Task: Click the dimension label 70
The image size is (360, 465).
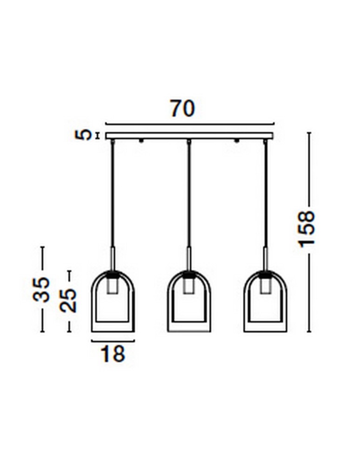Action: pyautogui.click(x=183, y=108)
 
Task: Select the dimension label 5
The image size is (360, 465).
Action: pyautogui.click(x=83, y=135)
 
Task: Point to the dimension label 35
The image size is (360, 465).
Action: pyautogui.click(x=41, y=289)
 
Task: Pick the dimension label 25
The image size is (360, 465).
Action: pyautogui.click(x=68, y=300)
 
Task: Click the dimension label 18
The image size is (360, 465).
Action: pyautogui.click(x=113, y=353)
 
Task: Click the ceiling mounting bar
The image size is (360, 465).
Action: pyautogui.click(x=189, y=136)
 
